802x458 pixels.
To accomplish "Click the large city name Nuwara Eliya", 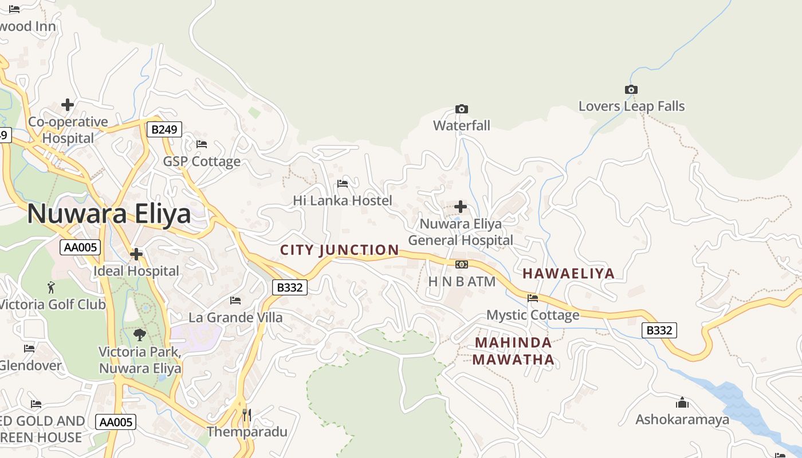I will click(109, 214).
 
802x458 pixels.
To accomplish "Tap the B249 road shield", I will click(164, 129).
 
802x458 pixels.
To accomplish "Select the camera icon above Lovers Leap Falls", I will click(631, 89).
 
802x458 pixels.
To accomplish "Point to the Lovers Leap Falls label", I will click(631, 106).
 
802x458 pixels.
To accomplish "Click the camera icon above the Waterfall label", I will click(461, 109).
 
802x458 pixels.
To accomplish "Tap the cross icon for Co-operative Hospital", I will click(68, 105).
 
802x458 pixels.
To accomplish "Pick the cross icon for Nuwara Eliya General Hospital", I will click(460, 206).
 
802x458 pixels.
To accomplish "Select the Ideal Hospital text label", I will click(136, 271).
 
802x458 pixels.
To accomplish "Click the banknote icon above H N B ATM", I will click(461, 264).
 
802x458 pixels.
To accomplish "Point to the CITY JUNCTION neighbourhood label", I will click(339, 250).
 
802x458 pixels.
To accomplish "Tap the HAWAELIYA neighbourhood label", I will click(568, 273).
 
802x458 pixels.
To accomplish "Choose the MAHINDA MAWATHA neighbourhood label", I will click(514, 351).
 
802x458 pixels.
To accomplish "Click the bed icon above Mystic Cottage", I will click(533, 298).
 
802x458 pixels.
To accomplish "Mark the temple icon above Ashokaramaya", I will click(682, 402).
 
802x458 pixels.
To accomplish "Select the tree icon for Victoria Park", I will click(139, 334).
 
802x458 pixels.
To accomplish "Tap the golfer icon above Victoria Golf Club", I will click(52, 287).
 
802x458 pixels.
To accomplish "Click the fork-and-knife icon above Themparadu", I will click(247, 414).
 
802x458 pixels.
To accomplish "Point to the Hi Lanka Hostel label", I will click(343, 200).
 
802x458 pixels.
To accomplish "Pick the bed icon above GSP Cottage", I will click(201, 144).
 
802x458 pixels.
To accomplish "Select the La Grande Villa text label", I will click(235, 317).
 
